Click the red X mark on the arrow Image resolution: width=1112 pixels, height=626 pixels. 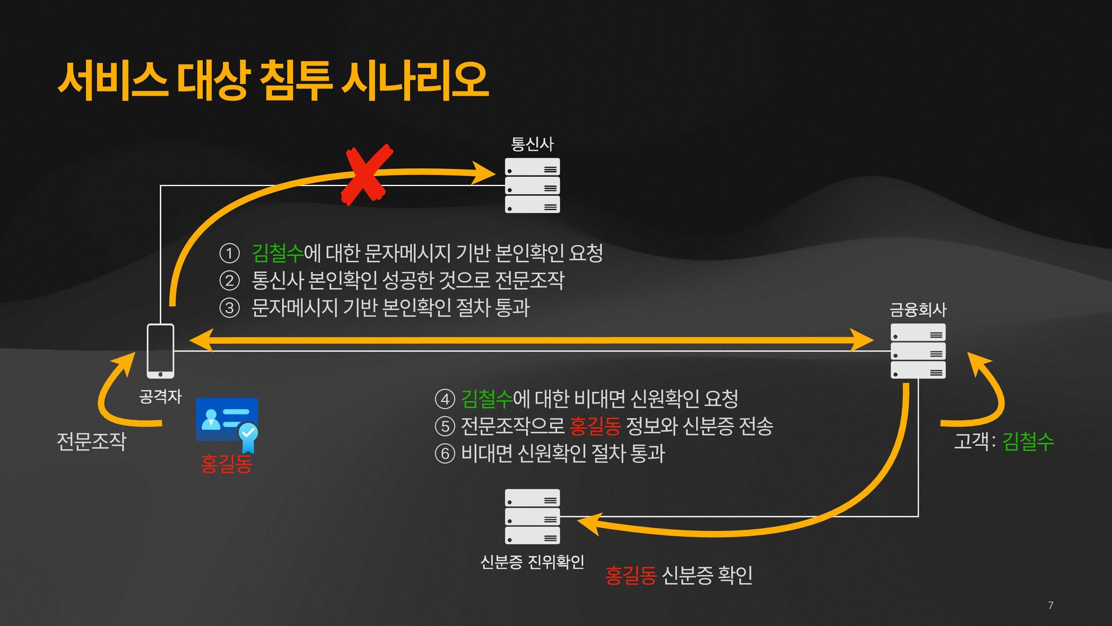[x=367, y=174]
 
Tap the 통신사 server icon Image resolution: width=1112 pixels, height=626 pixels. [x=532, y=185]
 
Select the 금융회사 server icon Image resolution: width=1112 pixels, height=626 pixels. [x=918, y=351]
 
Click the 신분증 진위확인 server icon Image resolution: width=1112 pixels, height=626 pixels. [x=532, y=516]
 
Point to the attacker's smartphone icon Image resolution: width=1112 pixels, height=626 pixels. [x=160, y=351]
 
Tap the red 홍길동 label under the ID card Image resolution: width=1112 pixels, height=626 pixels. [x=226, y=464]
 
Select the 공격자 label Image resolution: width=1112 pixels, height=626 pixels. [x=160, y=396]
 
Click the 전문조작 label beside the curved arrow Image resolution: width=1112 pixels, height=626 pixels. [x=92, y=441]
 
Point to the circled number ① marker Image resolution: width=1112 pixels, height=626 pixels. [x=229, y=253]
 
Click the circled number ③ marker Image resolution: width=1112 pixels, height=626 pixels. [x=229, y=308]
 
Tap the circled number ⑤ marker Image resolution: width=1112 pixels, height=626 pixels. [x=445, y=427]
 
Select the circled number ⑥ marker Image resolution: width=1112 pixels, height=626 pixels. [x=445, y=453]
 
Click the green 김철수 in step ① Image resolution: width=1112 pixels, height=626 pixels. [x=277, y=253]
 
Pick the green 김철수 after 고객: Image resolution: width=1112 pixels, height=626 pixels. [x=1027, y=441]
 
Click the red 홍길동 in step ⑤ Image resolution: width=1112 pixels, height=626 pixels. [x=595, y=426]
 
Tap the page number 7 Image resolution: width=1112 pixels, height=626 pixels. [x=1051, y=605]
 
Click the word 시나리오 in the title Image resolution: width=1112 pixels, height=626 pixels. [x=415, y=80]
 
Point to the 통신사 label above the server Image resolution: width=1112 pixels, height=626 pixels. [x=532, y=143]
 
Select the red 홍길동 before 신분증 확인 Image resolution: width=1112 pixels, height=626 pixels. [x=630, y=575]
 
